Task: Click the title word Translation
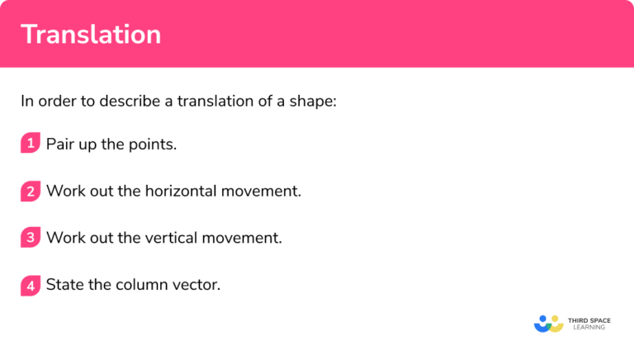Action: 91,35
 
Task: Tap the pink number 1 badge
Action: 31,144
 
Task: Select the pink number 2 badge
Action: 31,192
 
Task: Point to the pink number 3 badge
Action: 31,238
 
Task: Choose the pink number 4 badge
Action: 31,286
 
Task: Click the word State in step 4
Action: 64,286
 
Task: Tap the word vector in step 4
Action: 198,286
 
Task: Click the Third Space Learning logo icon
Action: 548,323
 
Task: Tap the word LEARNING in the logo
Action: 589,328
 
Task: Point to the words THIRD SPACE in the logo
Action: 592,319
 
